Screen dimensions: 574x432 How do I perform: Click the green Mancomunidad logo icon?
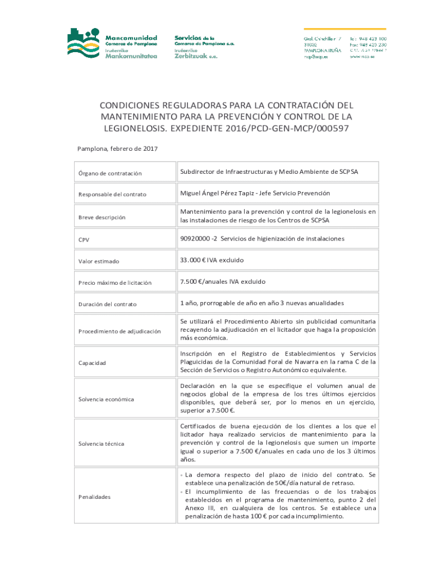click(84, 42)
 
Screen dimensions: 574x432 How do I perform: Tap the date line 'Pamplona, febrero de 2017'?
click(117, 149)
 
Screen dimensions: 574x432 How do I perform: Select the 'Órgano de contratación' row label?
click(110, 173)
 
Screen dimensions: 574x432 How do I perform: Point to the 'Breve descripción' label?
click(102, 217)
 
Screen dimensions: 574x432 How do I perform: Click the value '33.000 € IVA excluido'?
click(212, 260)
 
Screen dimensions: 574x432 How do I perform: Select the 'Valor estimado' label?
click(99, 261)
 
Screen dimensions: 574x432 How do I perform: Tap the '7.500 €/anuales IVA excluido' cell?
click(222, 281)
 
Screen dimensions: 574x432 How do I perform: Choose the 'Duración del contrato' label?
click(107, 304)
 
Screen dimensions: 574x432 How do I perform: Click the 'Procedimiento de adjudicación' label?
click(119, 331)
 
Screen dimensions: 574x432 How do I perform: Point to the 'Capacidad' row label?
click(92, 363)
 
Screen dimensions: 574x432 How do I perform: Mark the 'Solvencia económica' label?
click(106, 399)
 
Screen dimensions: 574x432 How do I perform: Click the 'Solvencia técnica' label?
click(102, 444)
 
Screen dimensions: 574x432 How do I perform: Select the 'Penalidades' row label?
click(94, 497)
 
